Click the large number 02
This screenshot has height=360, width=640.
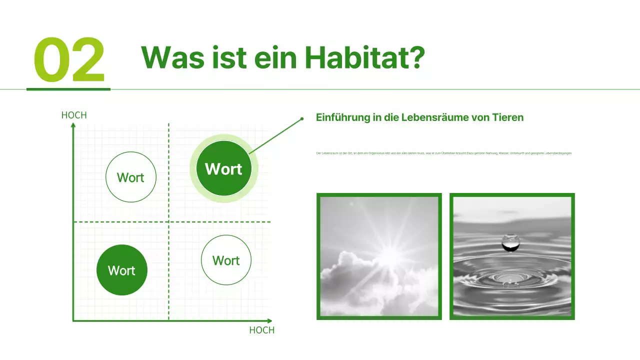(69, 60)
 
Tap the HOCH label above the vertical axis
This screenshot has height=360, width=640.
(74, 115)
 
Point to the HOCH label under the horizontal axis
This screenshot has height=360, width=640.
(261, 330)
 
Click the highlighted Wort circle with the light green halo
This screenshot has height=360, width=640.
(223, 169)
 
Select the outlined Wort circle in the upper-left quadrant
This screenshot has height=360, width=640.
(131, 177)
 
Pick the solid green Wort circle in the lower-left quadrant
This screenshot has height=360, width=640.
(122, 270)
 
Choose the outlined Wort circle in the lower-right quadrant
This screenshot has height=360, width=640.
(226, 260)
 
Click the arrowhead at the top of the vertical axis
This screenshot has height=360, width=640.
(73, 125)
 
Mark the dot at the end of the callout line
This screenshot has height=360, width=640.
(302, 119)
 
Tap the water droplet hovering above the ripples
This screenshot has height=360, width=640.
(510, 242)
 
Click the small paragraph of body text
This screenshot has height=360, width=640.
(444, 153)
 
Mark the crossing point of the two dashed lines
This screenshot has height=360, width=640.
(168, 221)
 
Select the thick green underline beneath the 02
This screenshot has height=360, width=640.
(68, 89)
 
